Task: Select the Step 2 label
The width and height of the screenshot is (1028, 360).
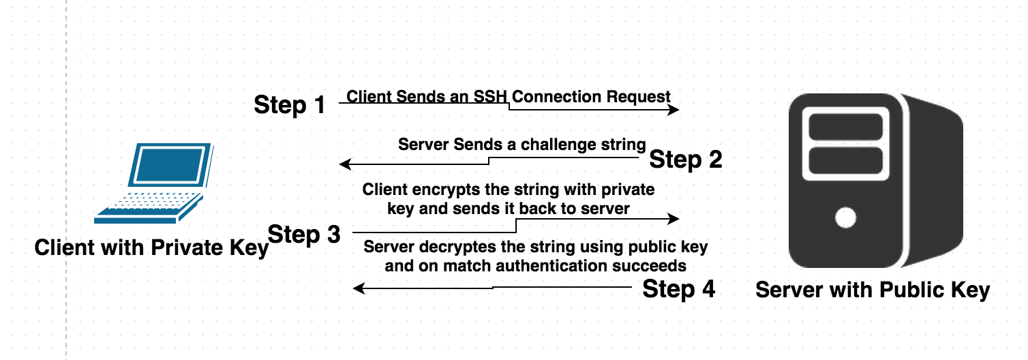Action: (685, 160)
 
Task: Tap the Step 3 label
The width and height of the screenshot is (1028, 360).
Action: (304, 234)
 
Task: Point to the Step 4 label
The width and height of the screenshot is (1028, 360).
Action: (679, 288)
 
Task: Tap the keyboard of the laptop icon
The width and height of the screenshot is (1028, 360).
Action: (150, 202)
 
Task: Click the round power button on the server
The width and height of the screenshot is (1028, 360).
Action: (845, 218)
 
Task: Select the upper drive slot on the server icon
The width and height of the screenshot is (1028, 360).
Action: (845, 126)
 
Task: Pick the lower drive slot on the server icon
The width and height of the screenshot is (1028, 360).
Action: (845, 160)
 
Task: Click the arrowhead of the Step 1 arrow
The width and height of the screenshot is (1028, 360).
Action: (674, 110)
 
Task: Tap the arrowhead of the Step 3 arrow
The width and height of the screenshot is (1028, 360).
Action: (674, 219)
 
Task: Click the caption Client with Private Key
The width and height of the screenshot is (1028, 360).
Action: (151, 247)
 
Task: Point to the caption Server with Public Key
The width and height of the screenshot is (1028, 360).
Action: (872, 290)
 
